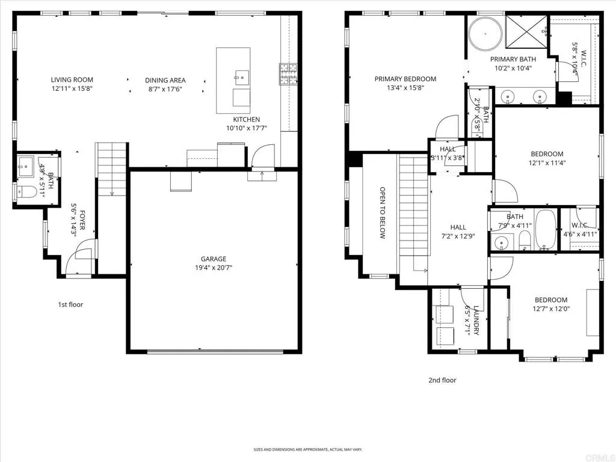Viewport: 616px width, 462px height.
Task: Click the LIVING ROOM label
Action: pyautogui.click(x=72, y=79)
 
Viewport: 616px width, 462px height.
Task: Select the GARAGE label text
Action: pyautogui.click(x=209, y=259)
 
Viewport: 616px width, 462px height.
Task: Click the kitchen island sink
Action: pyautogui.click(x=241, y=76)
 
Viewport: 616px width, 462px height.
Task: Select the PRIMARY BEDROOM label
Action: pyautogui.click(x=405, y=79)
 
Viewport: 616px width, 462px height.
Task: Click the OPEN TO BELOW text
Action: pyautogui.click(x=382, y=213)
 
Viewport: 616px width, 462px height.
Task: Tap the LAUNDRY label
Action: pyautogui.click(x=476, y=320)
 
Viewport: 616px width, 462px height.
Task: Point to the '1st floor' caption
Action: pyautogui.click(x=70, y=304)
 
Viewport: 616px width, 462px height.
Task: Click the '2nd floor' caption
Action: pyautogui.click(x=442, y=380)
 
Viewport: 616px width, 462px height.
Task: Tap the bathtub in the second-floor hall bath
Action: pyautogui.click(x=546, y=229)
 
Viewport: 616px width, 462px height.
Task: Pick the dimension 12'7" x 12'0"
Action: pyautogui.click(x=550, y=309)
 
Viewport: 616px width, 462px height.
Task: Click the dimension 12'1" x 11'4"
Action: pyautogui.click(x=547, y=162)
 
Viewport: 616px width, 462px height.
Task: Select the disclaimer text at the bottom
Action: pyautogui.click(x=307, y=449)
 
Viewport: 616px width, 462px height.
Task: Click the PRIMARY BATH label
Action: pyautogui.click(x=513, y=59)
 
